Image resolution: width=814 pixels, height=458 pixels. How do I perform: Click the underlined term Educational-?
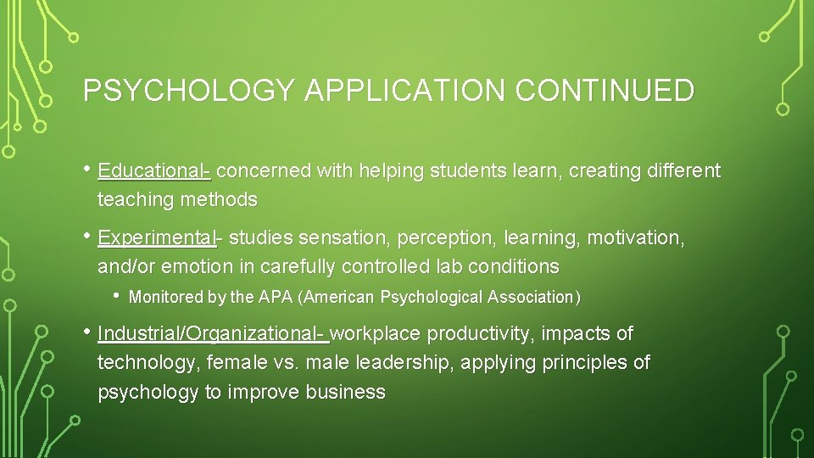pyautogui.click(x=153, y=170)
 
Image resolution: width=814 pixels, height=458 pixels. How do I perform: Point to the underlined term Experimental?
pyautogui.click(x=156, y=237)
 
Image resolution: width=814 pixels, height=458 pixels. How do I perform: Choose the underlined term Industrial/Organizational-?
pyautogui.click(x=212, y=333)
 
